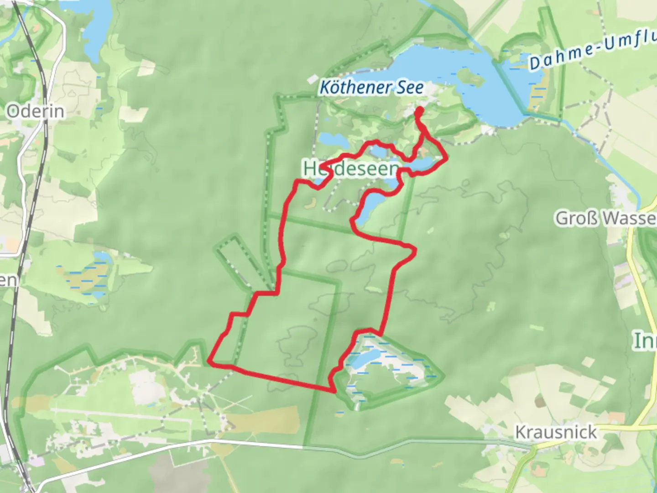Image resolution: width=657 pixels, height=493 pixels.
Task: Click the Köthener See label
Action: click(371, 87)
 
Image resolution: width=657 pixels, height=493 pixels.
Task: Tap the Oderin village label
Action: click(35, 111)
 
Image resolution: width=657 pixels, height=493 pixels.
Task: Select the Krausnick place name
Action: click(556, 432)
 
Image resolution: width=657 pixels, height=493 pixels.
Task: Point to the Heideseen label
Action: click(350, 169)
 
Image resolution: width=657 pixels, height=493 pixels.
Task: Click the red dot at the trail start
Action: click(418, 110)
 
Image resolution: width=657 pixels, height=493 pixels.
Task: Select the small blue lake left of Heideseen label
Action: click(328, 139)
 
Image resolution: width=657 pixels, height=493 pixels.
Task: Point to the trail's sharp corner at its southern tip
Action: click(334, 391)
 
